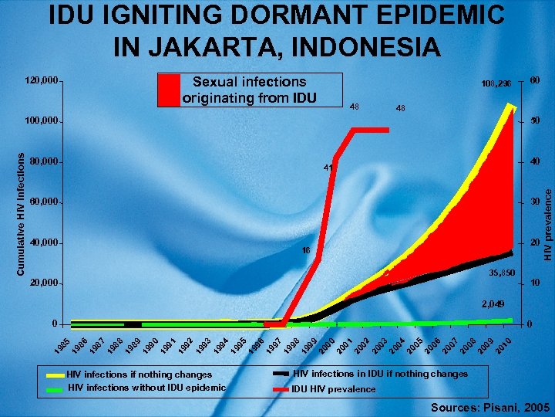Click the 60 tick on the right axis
533,80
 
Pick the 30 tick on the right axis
533,202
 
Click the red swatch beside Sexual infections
169,89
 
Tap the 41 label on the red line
328,167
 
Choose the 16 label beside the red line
305,251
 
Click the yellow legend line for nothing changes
55,374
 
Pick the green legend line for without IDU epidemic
55,388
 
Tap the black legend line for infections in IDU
281,374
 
